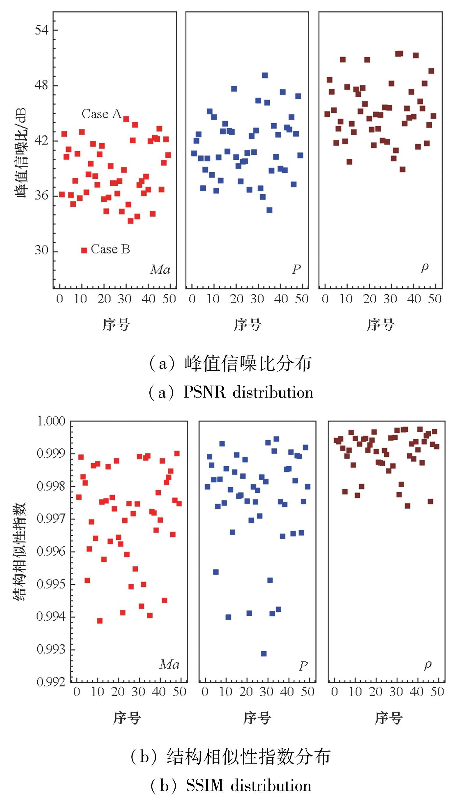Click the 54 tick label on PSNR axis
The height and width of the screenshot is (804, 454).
point(42,30)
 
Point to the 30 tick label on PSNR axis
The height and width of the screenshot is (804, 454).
point(42,250)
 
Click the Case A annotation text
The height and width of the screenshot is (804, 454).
point(101,114)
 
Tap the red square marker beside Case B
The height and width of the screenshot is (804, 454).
point(84,250)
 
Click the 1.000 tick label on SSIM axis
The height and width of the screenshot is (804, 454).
point(51,421)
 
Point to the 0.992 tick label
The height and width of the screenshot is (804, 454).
point(51,682)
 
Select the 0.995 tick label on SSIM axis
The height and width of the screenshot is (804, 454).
point(51,584)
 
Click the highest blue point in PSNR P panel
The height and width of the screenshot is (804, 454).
point(265,75)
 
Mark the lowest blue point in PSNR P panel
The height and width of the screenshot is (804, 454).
point(269,210)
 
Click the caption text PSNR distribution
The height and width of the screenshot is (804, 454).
point(248,392)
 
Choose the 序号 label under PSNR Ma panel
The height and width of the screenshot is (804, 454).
point(116,325)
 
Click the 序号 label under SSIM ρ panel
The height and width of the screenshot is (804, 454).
point(388,718)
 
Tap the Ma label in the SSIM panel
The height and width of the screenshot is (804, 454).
point(169,664)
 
